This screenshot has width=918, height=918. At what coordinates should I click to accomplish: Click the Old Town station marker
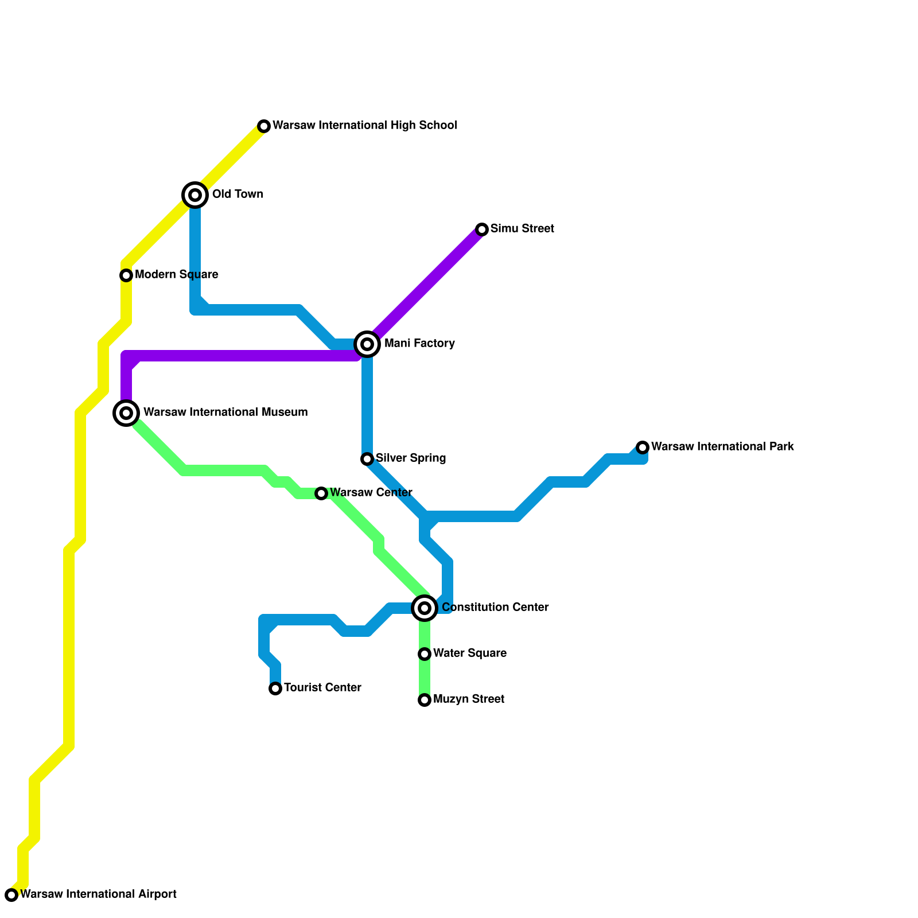(x=195, y=195)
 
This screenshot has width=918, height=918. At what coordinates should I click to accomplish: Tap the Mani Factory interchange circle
(x=367, y=344)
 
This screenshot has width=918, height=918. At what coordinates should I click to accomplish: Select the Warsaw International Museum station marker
(x=126, y=413)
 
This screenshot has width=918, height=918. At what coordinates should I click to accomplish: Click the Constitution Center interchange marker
(x=425, y=608)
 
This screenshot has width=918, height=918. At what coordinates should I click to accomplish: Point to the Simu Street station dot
(x=482, y=229)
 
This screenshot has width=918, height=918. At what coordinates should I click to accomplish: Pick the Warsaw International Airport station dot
(x=11, y=895)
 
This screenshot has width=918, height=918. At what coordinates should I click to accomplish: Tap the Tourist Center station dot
(x=275, y=688)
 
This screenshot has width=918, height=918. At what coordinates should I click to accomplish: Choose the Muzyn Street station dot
(x=425, y=700)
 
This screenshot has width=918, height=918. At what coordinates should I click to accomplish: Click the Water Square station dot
(x=425, y=654)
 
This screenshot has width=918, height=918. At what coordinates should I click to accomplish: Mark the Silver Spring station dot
(x=367, y=459)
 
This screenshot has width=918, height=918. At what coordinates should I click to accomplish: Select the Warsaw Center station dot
(x=321, y=493)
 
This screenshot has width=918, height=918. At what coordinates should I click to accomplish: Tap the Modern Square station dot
(x=126, y=275)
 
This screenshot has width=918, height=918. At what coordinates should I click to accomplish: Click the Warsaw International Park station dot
(x=643, y=448)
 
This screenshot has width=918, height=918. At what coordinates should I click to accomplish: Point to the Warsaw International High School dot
(x=264, y=126)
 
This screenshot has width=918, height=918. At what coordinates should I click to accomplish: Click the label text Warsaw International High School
(x=365, y=126)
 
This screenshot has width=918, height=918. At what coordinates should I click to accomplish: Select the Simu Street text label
(x=522, y=229)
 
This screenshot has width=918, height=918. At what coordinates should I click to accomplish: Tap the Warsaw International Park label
(x=722, y=447)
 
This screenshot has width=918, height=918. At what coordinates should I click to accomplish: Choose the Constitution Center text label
(x=495, y=608)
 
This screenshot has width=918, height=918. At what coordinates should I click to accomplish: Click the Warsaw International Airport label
(x=98, y=894)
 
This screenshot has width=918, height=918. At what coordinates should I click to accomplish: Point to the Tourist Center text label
(x=322, y=688)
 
